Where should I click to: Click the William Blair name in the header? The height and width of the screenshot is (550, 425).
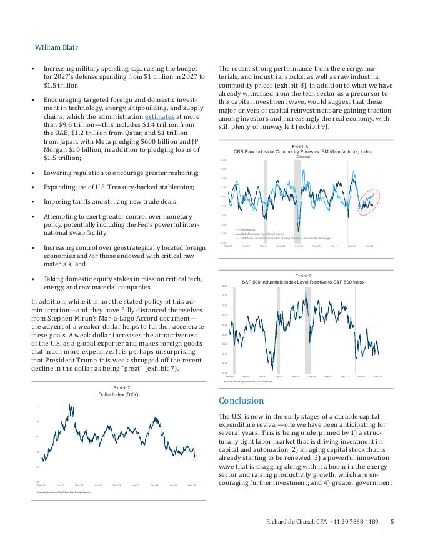point(56,47)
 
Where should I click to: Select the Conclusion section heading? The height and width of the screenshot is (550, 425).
point(241,401)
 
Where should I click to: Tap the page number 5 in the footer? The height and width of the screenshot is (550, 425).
point(392,522)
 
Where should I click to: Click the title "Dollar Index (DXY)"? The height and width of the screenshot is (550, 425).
point(117,395)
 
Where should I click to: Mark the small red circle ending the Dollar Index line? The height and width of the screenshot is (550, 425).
point(194,458)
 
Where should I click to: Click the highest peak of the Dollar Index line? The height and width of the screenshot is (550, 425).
point(69,406)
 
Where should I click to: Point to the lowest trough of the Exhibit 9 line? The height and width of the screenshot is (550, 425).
point(272,369)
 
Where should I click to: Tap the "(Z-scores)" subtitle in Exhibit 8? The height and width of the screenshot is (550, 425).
point(302,156)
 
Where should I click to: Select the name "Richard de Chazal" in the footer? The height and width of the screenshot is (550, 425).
point(289,522)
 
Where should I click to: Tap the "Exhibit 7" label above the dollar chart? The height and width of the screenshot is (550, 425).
point(117,388)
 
